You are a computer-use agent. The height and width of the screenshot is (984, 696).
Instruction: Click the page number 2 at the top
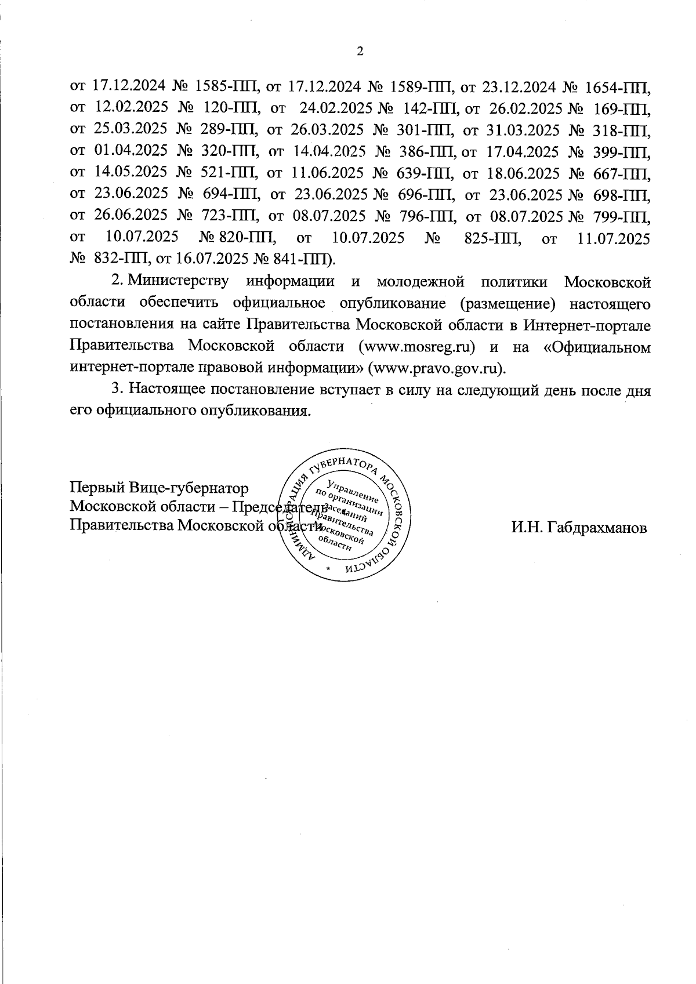(x=359, y=52)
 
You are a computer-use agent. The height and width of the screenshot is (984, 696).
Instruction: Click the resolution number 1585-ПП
(x=226, y=87)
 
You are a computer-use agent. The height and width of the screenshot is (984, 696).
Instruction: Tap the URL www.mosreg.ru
(x=418, y=347)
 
